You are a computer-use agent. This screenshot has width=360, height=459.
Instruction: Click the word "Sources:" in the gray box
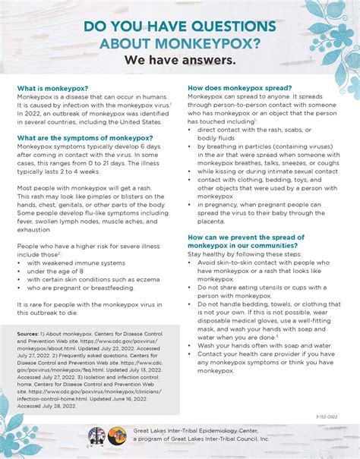click(30, 334)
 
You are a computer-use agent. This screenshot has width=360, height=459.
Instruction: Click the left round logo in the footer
click(96, 435)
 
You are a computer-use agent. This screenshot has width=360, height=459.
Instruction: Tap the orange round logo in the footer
click(116, 435)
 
